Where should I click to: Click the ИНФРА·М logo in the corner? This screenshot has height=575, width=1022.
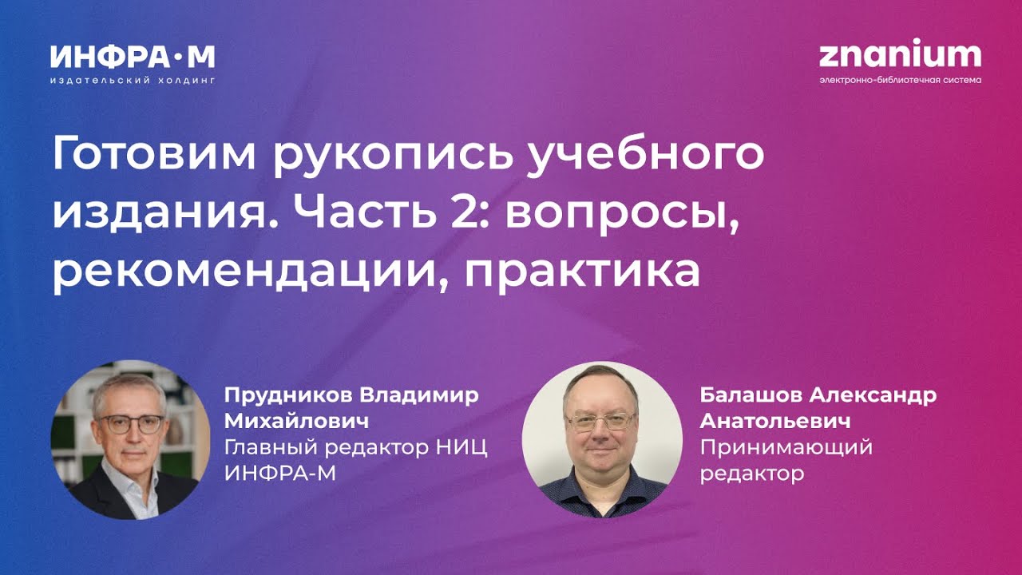pyautogui.click(x=133, y=57)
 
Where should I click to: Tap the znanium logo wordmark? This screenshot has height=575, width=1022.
pyautogui.click(x=900, y=55)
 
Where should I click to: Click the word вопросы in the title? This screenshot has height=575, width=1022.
pyautogui.click(x=621, y=213)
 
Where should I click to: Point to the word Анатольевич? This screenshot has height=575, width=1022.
pyautogui.click(x=774, y=421)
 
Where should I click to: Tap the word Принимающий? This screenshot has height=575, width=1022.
pyautogui.click(x=786, y=447)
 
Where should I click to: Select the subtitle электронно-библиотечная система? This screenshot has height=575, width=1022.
pyautogui.click(x=900, y=80)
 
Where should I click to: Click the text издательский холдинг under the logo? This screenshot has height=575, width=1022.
pyautogui.click(x=133, y=81)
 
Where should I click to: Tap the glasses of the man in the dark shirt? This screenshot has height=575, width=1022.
pyautogui.click(x=600, y=420)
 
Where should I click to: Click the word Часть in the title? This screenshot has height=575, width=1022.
pyautogui.click(x=369, y=213)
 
